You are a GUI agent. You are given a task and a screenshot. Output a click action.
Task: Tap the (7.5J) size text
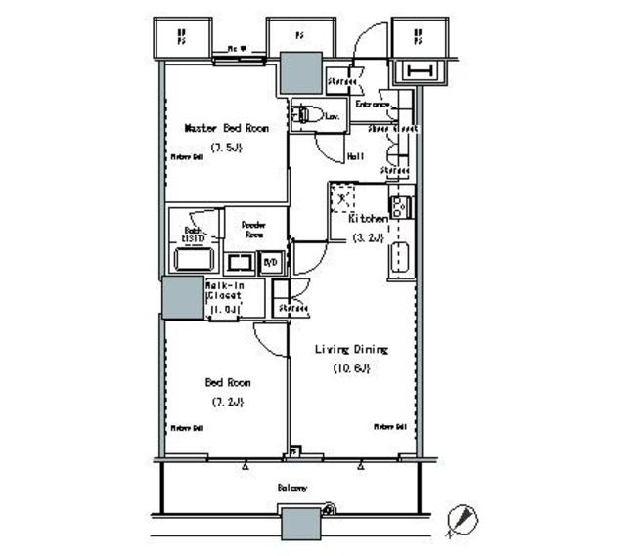225,147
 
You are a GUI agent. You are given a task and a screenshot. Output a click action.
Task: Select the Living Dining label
351,349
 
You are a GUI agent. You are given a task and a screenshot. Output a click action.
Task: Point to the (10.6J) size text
350,368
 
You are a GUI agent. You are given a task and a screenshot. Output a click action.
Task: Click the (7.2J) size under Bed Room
226,402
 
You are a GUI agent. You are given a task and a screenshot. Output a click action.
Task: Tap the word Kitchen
370,220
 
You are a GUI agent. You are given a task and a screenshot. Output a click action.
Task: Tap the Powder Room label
255,228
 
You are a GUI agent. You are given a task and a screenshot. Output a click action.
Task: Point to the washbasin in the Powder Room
240,262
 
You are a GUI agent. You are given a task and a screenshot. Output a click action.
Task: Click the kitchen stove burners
399,207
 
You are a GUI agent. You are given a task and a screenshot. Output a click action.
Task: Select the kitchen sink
399,259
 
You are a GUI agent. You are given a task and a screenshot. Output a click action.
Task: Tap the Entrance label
374,104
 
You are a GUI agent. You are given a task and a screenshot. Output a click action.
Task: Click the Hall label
356,156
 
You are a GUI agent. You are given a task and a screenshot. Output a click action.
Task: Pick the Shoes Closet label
392,128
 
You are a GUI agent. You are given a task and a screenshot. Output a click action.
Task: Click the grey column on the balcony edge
301,525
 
